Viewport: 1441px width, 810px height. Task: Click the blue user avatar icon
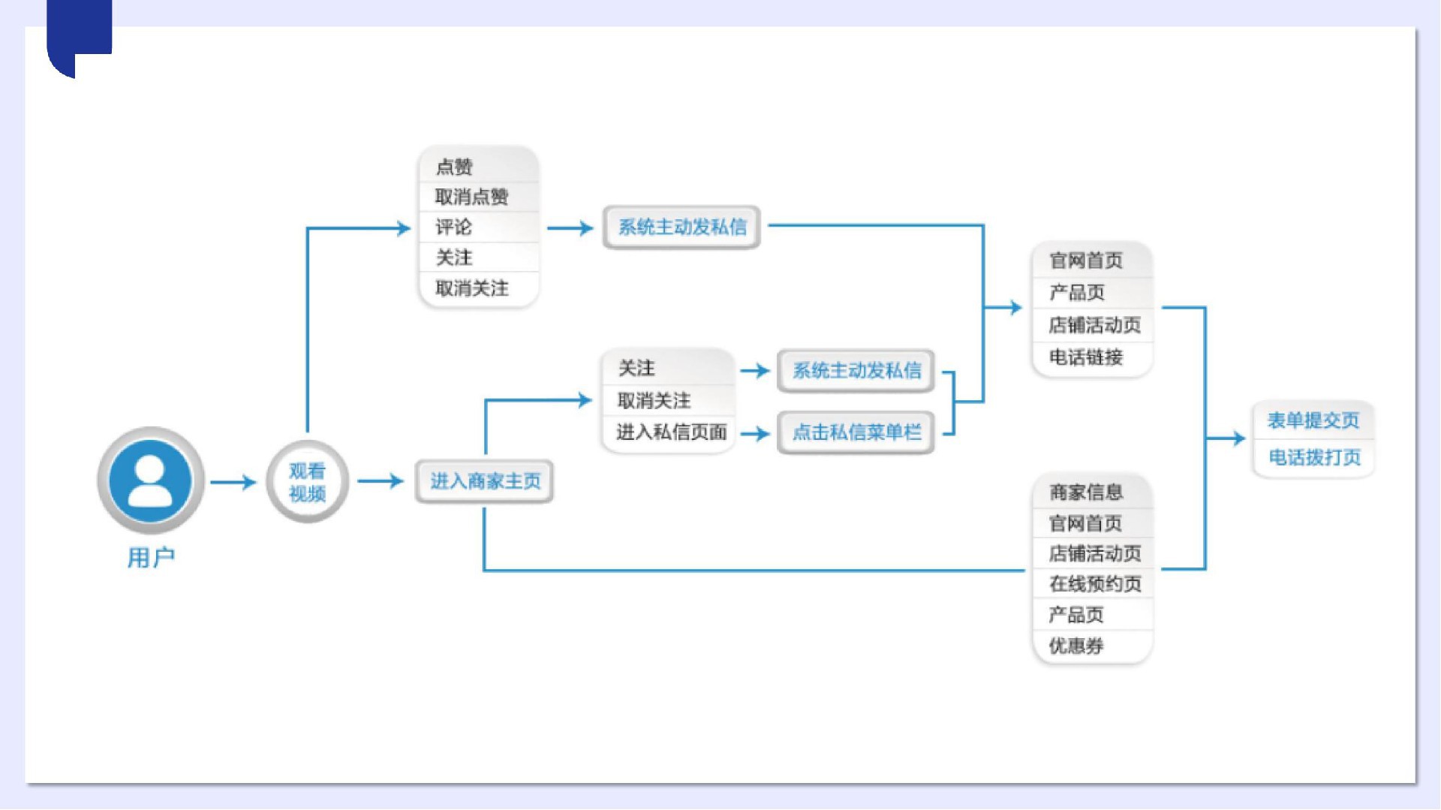click(x=150, y=480)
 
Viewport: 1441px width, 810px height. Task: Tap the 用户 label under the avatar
click(x=151, y=558)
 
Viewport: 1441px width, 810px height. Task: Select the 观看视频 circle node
click(x=307, y=482)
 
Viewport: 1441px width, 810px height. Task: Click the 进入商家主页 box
click(x=485, y=481)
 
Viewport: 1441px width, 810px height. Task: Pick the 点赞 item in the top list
click(x=455, y=167)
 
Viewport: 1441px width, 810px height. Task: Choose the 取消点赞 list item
click(x=472, y=197)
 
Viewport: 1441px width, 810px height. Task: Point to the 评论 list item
click(x=454, y=227)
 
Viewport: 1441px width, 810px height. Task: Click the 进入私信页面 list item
click(x=671, y=432)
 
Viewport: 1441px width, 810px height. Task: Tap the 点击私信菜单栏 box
click(x=856, y=432)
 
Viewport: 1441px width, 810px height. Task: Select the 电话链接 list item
click(x=1086, y=357)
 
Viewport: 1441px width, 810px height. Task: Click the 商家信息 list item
click(x=1086, y=492)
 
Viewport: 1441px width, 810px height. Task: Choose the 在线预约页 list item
click(x=1095, y=584)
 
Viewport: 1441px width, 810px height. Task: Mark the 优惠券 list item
click(x=1076, y=646)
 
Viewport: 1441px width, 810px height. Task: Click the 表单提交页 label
click(x=1313, y=420)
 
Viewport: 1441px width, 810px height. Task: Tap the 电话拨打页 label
click(x=1314, y=457)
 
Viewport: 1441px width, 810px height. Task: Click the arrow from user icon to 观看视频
click(x=233, y=482)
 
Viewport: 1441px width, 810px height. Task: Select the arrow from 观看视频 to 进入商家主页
click(x=381, y=481)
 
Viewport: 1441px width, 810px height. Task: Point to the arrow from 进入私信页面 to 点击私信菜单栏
click(x=755, y=433)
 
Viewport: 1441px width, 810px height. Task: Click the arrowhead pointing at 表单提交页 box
click(x=1238, y=438)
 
